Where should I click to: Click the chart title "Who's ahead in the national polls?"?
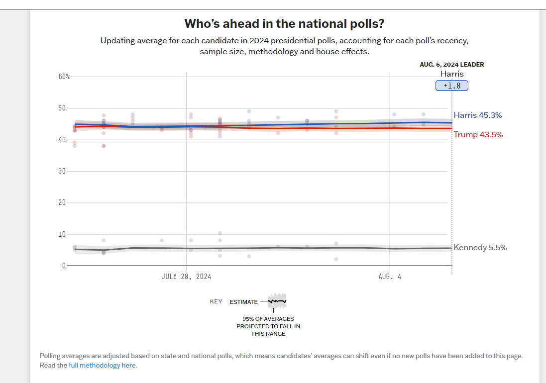[x=284, y=24]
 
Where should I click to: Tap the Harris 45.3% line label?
[x=478, y=115]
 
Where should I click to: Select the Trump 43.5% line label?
[x=478, y=134]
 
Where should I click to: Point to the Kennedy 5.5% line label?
[x=480, y=247]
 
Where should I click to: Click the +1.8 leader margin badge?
[x=452, y=86]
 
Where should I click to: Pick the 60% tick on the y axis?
[x=64, y=77]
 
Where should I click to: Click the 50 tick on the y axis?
[x=62, y=108]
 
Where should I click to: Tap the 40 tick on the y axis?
[x=62, y=140]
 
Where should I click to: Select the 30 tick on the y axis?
[x=62, y=171]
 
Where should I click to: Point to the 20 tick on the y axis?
[x=62, y=202]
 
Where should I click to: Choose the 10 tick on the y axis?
[x=62, y=234]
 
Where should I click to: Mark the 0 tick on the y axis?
[x=64, y=265]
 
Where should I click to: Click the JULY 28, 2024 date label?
[x=186, y=277]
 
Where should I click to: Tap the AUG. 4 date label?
[x=390, y=277]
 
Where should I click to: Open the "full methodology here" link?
[x=102, y=365]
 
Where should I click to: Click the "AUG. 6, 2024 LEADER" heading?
[x=452, y=64]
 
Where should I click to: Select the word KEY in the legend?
[x=216, y=301]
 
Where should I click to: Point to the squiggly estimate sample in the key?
[x=277, y=300]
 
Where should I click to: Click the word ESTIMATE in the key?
[x=244, y=302]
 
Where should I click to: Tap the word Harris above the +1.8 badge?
[x=452, y=74]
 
